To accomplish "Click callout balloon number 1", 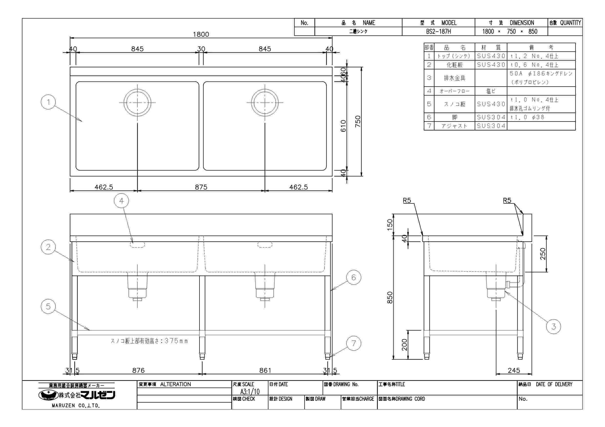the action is point(48,102).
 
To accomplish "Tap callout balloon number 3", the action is point(553,327).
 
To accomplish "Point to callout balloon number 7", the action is point(354,343).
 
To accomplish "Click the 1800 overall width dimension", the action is point(201,34).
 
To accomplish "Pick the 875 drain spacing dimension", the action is point(201,187).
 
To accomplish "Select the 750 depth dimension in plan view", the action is point(358,121).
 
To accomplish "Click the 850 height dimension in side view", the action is point(390,297).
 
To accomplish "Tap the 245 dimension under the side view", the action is point(514,370).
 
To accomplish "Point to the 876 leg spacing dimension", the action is point(138,370).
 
